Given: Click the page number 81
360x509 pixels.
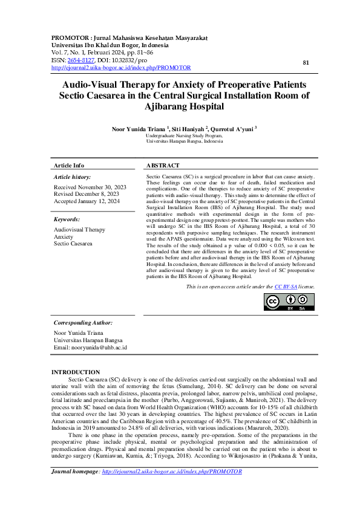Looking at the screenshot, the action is pyautogui.click(x=306, y=62).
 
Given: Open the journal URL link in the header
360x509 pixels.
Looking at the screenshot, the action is pyautogui.click(x=121, y=68).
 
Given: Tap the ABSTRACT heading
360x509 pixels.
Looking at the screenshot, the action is pyautogui.click(x=163, y=165).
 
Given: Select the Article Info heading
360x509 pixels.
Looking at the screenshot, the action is pyautogui.click(x=69, y=165).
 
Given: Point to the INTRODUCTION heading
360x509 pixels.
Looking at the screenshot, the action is pyautogui.click(x=76, y=372).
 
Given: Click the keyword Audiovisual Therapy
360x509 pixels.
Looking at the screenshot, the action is pyautogui.click(x=79, y=230).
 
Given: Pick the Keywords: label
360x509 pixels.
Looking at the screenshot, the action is pyautogui.click(x=67, y=219).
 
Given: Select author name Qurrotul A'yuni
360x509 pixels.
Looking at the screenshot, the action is pyautogui.click(x=232, y=129).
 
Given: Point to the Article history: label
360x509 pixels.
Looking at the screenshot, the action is pyautogui.click(x=72, y=177).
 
